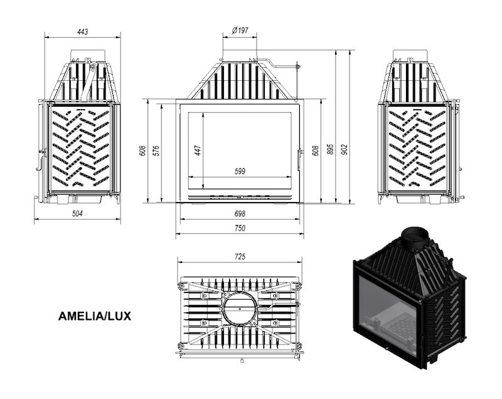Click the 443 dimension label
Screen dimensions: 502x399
tap(82, 31)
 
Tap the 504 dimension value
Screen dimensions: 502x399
tap(77, 213)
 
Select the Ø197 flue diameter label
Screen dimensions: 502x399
tap(240, 30)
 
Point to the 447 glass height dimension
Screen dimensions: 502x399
tap(198, 150)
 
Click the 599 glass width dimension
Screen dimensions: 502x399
tap(240, 171)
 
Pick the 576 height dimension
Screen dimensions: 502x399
tap(156, 151)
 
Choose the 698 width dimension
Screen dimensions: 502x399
tap(240, 213)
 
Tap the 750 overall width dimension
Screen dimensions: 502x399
tap(240, 228)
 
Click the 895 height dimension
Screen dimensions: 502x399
tap(331, 150)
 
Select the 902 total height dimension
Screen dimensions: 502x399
tap(344, 150)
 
